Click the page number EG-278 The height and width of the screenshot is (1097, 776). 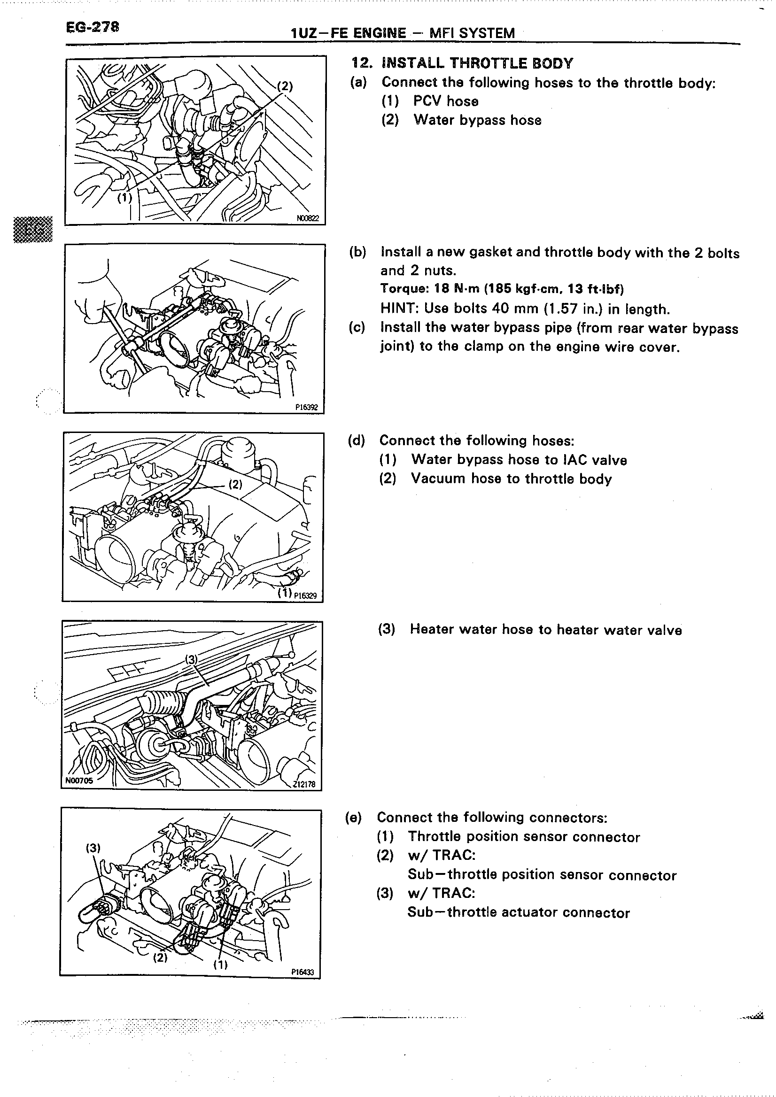93,27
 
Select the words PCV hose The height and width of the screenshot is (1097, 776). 446,101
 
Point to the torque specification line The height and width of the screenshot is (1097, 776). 502,289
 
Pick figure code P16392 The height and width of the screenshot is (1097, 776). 306,407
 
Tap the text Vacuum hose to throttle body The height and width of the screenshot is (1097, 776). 511,479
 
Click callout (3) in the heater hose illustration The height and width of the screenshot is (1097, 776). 191,659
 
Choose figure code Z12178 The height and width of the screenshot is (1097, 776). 304,784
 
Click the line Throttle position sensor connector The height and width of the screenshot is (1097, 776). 524,837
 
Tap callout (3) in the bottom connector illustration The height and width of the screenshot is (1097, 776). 93,848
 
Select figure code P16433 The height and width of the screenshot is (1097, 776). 303,972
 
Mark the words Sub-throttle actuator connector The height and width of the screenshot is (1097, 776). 519,912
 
